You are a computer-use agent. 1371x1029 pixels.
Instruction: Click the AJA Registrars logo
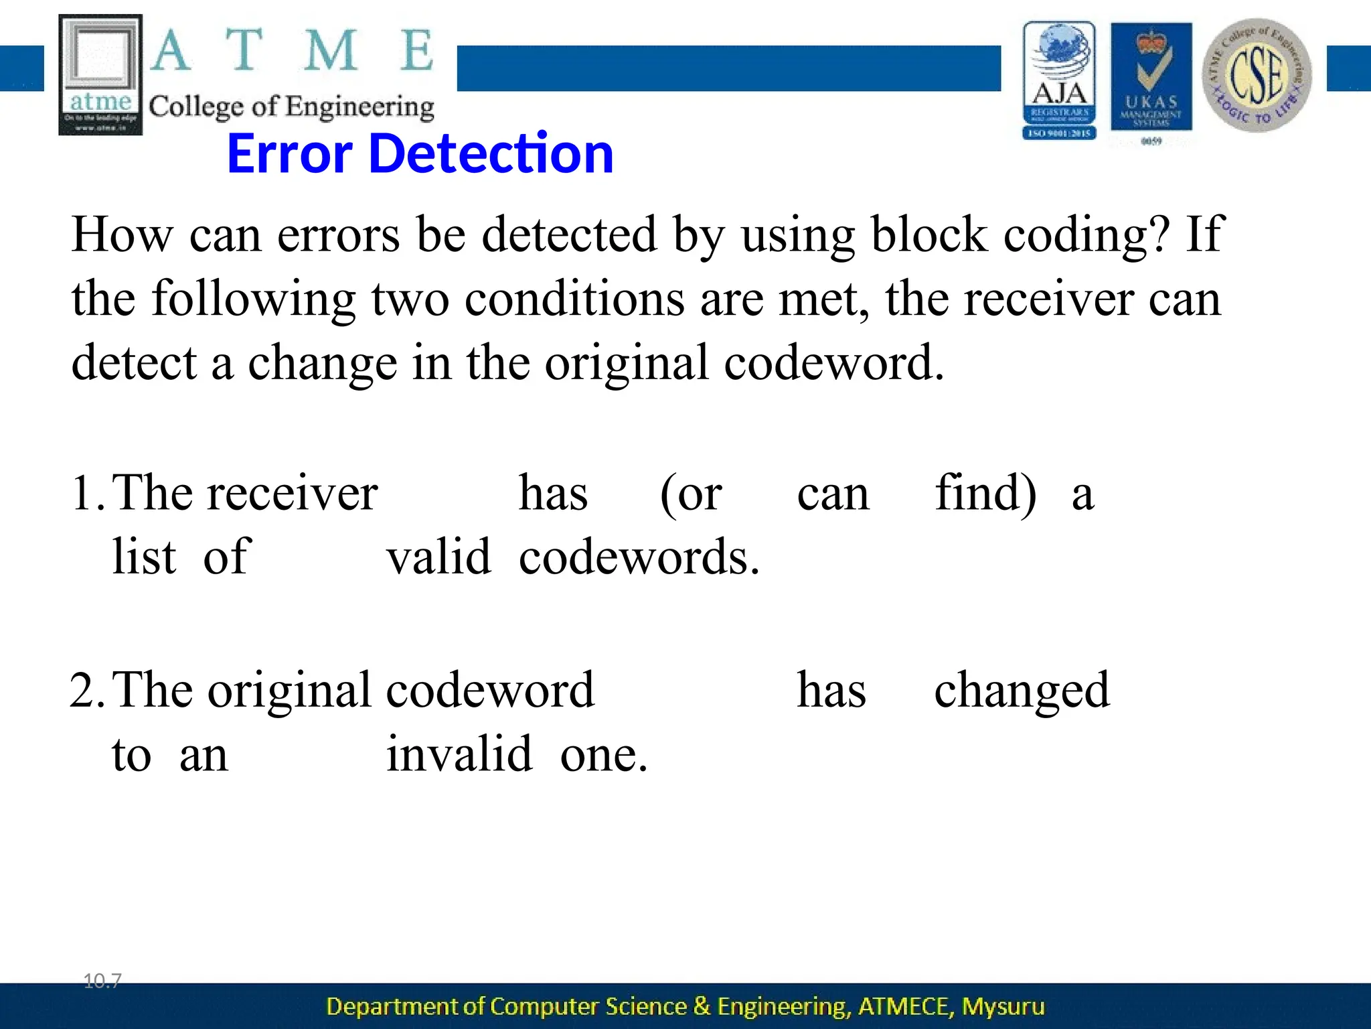pos(1059,80)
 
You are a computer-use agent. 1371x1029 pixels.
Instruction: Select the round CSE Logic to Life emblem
pos(1257,75)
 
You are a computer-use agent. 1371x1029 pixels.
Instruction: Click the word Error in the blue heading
pos(289,153)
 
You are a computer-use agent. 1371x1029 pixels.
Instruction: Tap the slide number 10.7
pos(102,981)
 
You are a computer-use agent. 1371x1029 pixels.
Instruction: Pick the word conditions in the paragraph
pos(574,299)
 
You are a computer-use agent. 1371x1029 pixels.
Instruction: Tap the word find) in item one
pos(985,493)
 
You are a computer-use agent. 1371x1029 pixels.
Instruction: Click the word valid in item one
pos(439,557)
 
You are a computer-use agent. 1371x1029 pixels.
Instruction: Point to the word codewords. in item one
pos(639,557)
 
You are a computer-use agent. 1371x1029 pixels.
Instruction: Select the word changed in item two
pos(1022,690)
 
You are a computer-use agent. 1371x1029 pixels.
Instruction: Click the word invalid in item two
pos(459,754)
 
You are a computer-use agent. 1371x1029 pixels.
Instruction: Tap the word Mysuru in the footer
pos(1003,1006)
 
